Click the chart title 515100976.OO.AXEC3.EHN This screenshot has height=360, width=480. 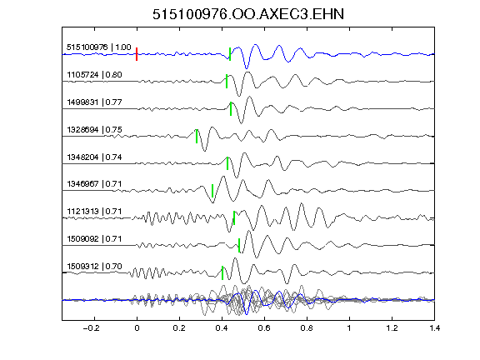pos(248,14)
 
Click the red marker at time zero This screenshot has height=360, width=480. pos(137,54)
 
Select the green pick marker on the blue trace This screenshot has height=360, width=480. pos(230,54)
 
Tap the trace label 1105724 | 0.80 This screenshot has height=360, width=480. pos(95,75)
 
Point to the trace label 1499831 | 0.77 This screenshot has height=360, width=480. pos(95,102)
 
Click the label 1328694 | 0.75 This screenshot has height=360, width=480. pos(95,129)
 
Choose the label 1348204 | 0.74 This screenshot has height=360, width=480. pos(95,157)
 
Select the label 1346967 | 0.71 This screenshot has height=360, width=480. pos(95,183)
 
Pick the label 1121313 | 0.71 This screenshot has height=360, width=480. pos(95,211)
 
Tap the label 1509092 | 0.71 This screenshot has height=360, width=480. pos(95,238)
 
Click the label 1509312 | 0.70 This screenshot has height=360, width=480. pos(95,266)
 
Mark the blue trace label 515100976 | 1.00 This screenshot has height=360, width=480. pos(99,47)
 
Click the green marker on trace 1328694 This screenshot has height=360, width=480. pos(197,136)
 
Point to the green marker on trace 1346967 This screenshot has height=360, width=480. pos(212,191)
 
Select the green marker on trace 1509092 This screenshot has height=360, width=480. pos(239,246)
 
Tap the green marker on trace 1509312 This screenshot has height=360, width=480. pos(222,272)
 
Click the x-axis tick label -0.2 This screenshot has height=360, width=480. pos(92,328)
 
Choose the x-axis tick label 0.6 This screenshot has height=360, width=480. pos(264,328)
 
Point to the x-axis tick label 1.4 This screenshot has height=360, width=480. pos(434,328)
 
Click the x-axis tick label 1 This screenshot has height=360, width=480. pos(349,328)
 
